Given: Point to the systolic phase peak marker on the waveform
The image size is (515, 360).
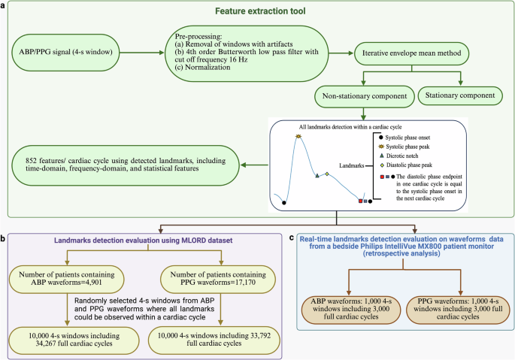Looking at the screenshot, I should [x=298, y=136].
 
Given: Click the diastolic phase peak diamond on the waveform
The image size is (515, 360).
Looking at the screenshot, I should [x=327, y=174].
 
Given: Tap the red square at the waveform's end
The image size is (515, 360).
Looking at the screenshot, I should [x=361, y=201].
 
